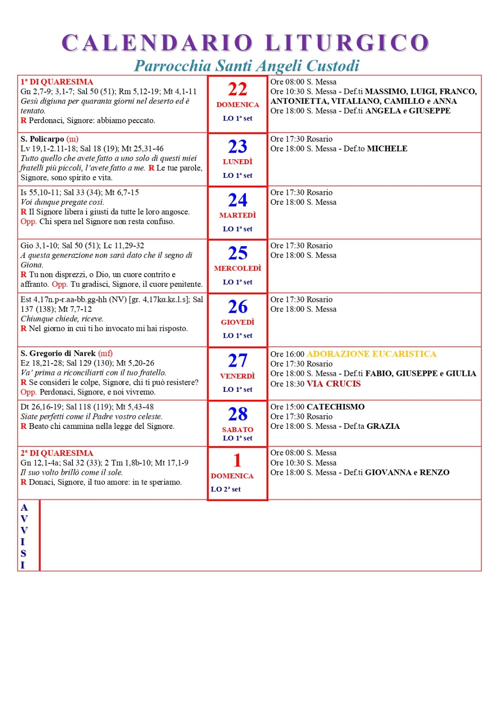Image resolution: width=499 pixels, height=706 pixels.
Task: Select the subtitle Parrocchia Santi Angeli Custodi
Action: pyautogui.click(x=246, y=66)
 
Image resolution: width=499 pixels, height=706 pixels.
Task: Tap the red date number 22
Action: pyautogui.click(x=238, y=89)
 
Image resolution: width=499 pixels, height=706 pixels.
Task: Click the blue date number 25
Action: pyautogui.click(x=238, y=253)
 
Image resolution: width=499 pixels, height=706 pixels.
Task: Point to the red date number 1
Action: pyautogui.click(x=238, y=461)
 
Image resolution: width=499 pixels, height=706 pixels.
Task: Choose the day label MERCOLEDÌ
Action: pyautogui.click(x=238, y=268)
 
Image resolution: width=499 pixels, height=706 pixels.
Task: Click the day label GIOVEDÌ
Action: pyautogui.click(x=238, y=322)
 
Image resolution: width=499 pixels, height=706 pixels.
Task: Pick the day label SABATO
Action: pyautogui.click(x=238, y=429)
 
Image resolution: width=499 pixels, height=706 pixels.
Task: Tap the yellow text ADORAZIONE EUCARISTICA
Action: pyautogui.click(x=371, y=354)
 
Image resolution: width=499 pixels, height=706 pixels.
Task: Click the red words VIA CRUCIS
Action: pyautogui.click(x=334, y=383)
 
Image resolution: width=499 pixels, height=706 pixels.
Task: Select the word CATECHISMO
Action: pyautogui.click(x=336, y=407)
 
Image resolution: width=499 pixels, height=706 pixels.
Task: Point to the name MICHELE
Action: pyautogui.click(x=387, y=149)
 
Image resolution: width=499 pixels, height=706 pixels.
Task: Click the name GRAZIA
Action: pyautogui.click(x=383, y=426)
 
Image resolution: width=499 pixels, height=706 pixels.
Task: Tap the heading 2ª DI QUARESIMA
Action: pyautogui.click(x=57, y=453)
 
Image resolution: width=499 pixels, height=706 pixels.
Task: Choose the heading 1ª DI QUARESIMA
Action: pyautogui.click(x=57, y=82)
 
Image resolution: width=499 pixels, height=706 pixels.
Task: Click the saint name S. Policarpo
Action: pyautogui.click(x=42, y=139)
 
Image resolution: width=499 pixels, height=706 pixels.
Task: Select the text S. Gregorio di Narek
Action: pyautogui.click(x=58, y=353)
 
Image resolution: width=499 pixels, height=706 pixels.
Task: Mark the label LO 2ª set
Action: pyautogui.click(x=226, y=489)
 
